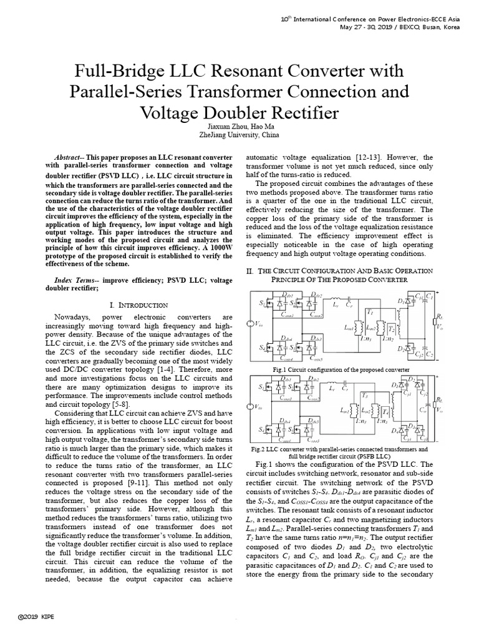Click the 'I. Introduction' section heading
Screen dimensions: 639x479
(x=138, y=305)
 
